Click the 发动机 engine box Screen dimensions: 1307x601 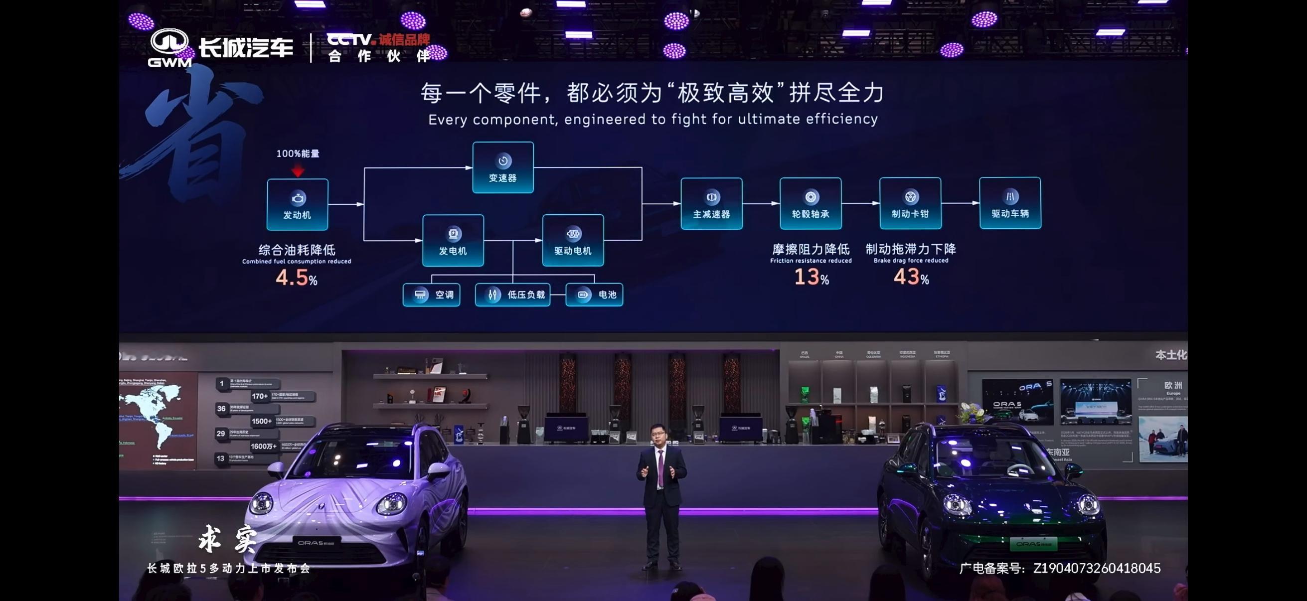point(297,204)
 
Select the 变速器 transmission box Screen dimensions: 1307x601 point(503,167)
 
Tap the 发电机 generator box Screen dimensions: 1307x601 point(453,240)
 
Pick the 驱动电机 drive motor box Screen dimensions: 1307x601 point(573,240)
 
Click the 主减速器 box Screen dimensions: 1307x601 point(711,203)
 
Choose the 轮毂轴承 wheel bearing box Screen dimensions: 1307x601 point(811,203)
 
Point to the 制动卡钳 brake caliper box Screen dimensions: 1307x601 point(910,203)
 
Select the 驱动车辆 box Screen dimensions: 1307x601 point(1010,203)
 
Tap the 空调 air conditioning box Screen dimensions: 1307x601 point(431,295)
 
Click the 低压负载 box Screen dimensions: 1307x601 point(512,295)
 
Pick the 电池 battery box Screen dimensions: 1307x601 point(594,295)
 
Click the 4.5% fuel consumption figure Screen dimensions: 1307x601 point(297,278)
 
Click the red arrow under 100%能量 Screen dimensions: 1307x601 point(298,171)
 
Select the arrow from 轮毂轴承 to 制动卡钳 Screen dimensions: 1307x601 point(860,203)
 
